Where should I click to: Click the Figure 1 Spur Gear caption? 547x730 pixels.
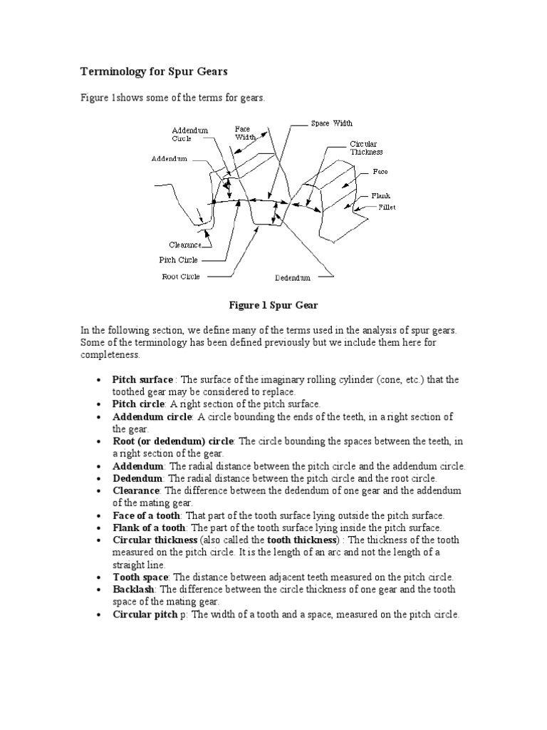click(273, 305)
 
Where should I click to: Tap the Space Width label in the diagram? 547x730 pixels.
click(331, 123)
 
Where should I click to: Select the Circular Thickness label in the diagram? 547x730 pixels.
click(366, 148)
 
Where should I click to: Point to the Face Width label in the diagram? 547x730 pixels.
click(245, 133)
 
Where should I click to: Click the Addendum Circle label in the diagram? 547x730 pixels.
click(189, 135)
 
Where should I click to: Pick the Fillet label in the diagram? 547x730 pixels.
click(387, 207)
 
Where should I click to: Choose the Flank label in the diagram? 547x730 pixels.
click(380, 195)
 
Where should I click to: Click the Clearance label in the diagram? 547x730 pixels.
click(184, 245)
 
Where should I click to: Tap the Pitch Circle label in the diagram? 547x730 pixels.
click(179, 260)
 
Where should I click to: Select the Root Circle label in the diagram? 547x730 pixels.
click(181, 277)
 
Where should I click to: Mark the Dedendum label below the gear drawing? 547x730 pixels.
click(293, 277)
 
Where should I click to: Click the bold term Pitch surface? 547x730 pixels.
click(142, 380)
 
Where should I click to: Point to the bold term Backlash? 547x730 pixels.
click(134, 590)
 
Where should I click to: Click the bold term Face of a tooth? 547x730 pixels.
click(147, 515)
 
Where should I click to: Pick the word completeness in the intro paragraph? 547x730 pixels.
click(110, 354)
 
